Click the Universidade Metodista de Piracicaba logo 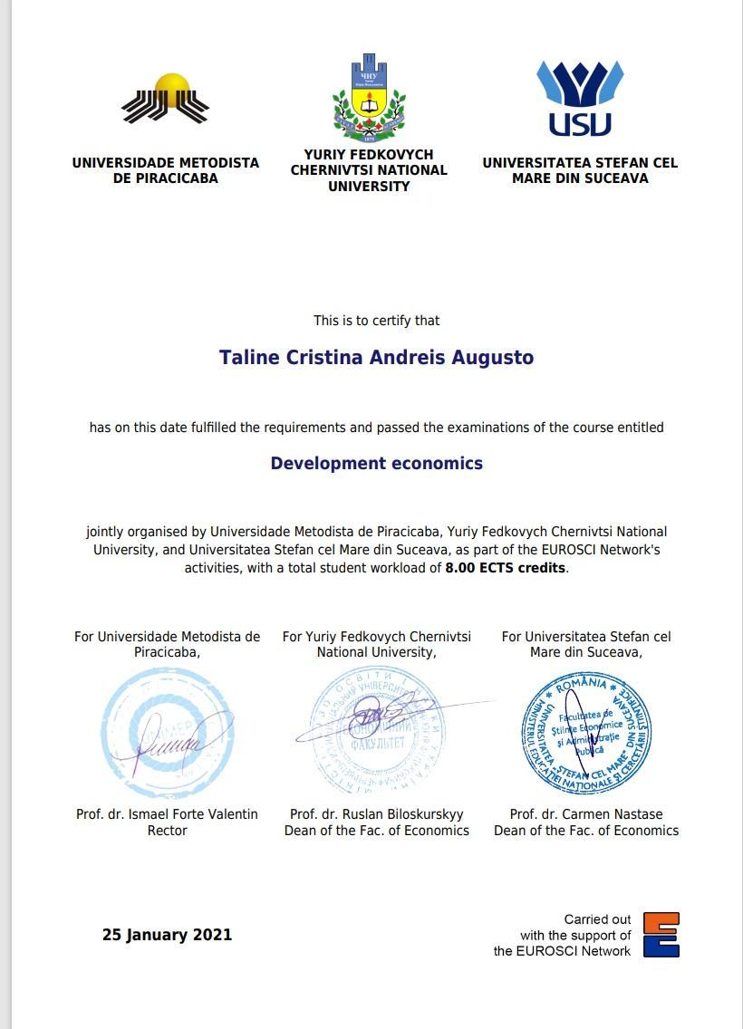tap(166, 99)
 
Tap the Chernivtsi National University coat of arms tap(369, 98)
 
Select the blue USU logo tap(580, 99)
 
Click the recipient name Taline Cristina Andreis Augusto tap(376, 357)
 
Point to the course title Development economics tap(376, 463)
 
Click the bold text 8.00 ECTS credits tap(505, 568)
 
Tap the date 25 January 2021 tap(167, 934)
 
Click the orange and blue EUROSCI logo tap(661, 935)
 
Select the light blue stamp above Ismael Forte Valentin tap(166, 732)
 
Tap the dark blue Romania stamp tap(586, 732)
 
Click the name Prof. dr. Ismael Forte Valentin tap(167, 814)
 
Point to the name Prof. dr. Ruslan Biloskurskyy tap(376, 814)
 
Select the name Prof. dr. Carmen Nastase tap(586, 814)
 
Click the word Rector tap(167, 830)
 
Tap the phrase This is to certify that tap(376, 320)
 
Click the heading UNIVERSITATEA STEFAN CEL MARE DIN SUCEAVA tap(580, 170)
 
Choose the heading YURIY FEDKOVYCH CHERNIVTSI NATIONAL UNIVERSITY tap(369, 170)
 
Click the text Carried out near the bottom tap(597, 918)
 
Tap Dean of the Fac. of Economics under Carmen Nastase tap(586, 830)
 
